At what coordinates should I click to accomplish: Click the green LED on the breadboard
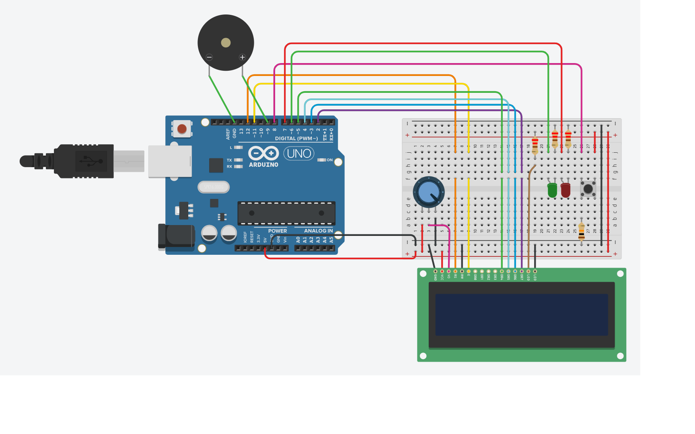click(552, 190)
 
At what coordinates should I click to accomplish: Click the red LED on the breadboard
click(565, 190)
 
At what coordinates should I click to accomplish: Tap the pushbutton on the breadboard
click(588, 188)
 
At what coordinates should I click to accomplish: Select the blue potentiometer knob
click(429, 192)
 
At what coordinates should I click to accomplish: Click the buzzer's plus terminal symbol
click(242, 57)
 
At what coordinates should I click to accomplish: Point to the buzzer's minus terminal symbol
click(209, 57)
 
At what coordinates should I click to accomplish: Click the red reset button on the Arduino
click(182, 129)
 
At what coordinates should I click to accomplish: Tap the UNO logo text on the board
click(299, 154)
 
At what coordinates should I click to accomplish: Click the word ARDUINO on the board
click(263, 165)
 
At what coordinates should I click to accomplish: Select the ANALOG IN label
click(318, 231)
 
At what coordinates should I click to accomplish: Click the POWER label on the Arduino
click(278, 231)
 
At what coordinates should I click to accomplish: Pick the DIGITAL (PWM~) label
click(296, 139)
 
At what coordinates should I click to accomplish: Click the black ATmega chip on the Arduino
click(286, 213)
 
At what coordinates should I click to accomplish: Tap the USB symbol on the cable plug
click(91, 161)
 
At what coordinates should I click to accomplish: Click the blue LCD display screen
click(522, 315)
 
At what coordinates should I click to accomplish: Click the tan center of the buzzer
click(226, 43)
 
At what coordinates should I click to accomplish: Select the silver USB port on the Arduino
click(170, 161)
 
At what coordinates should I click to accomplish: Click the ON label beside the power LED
click(329, 160)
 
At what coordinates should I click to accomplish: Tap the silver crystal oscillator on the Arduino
click(214, 187)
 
